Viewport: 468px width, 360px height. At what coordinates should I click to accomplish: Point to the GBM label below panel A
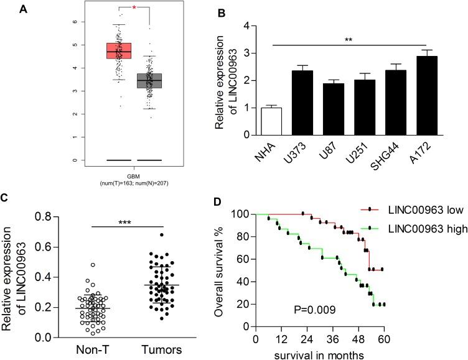pyautogui.click(x=133, y=175)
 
